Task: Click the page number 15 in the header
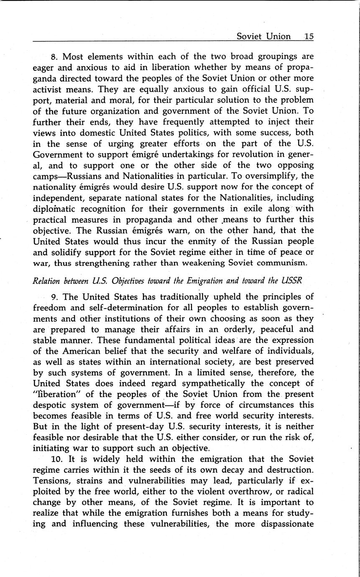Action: (309, 36)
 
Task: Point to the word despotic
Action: (50, 406)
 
